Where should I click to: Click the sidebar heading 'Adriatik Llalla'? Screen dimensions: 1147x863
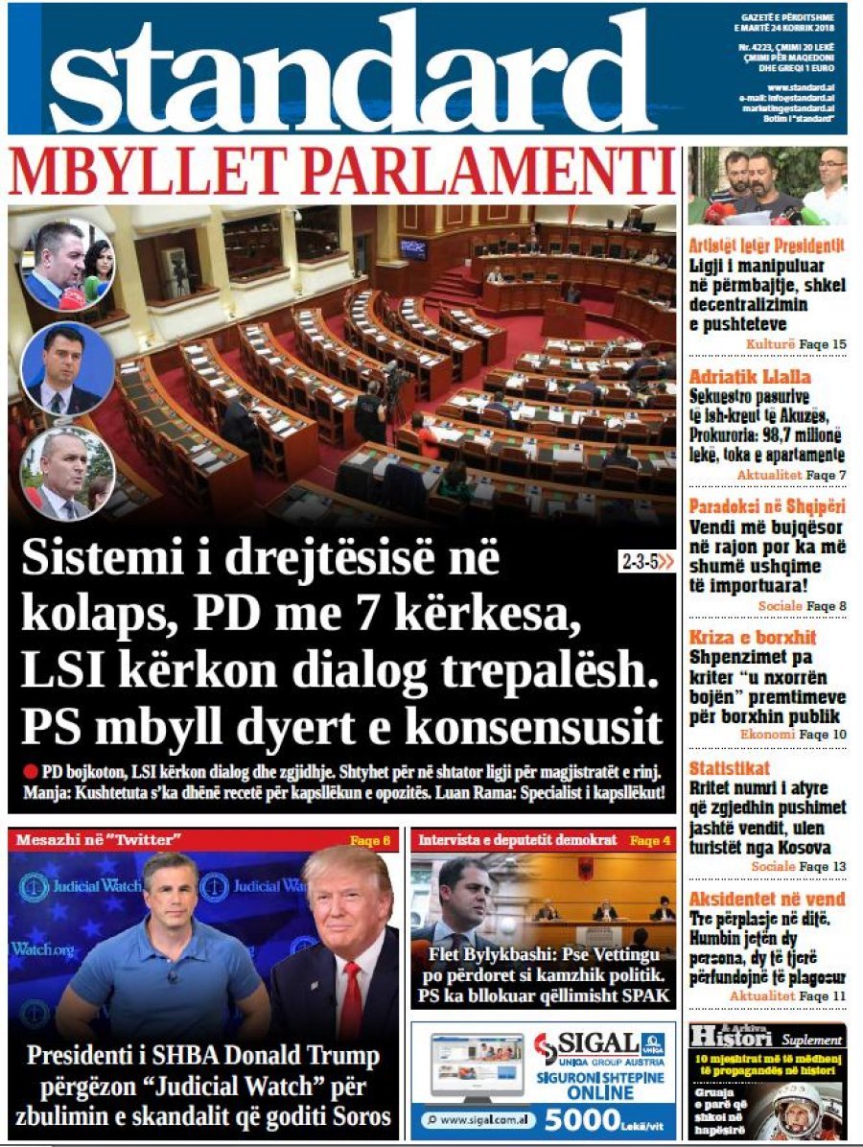click(736, 377)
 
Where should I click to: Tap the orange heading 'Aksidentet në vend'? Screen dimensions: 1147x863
click(767, 899)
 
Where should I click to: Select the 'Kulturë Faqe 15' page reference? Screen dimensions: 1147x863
click(796, 344)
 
